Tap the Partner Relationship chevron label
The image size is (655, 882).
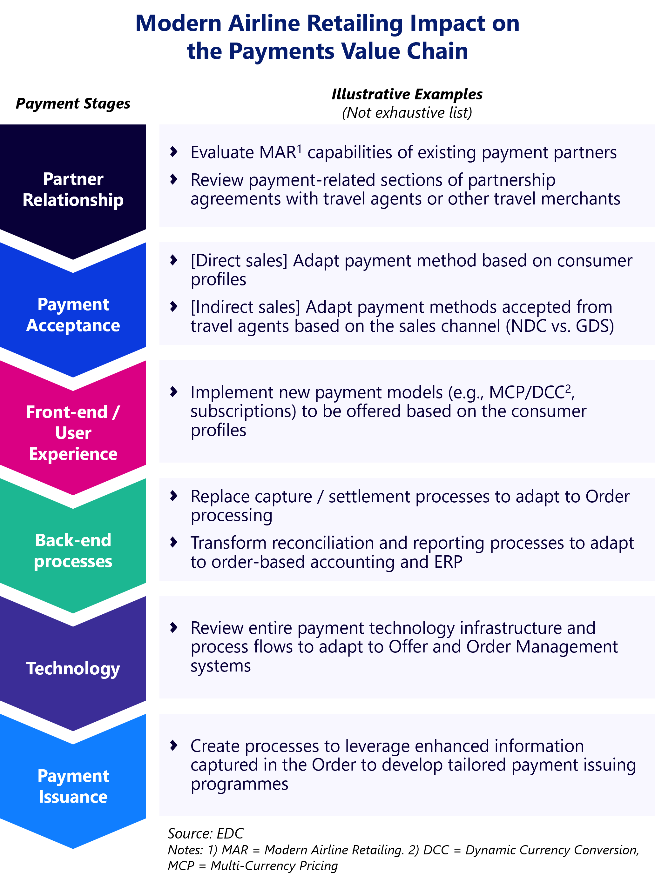click(x=73, y=190)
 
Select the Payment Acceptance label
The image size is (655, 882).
click(x=73, y=315)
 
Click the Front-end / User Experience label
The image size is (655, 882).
click(x=73, y=433)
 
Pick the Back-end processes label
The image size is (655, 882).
click(x=73, y=551)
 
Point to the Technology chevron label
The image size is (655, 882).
click(x=73, y=668)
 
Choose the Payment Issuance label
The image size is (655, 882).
click(x=73, y=786)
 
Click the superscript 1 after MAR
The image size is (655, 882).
click(x=300, y=148)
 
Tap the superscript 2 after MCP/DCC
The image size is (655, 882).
click(x=568, y=388)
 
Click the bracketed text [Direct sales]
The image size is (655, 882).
click(x=239, y=261)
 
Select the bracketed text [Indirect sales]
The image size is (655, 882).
click(x=246, y=307)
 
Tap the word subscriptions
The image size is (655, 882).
click(x=243, y=411)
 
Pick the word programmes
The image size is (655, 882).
click(x=240, y=784)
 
